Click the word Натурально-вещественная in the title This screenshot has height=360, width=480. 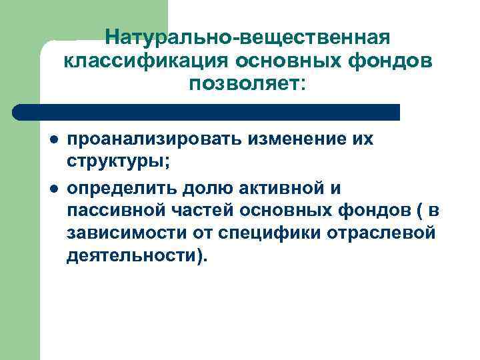pyautogui.click(x=247, y=36)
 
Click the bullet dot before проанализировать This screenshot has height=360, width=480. pyautogui.click(x=52, y=141)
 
